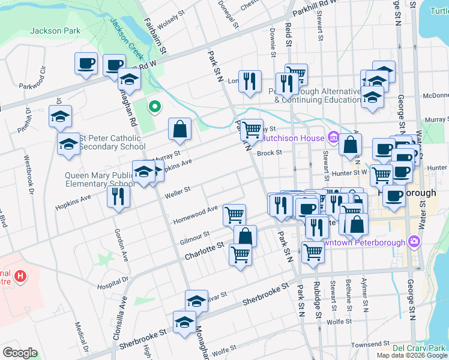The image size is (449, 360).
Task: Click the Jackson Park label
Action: click(46, 30)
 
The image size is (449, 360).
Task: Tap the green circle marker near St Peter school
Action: click(154, 107)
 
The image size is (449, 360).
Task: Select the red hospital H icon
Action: click(20, 277)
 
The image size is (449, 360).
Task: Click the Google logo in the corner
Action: click(20, 352)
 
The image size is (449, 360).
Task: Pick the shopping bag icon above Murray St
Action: click(179, 128)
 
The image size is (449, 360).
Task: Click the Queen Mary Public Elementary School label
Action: click(100, 179)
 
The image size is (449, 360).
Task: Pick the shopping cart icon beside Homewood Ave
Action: click(234, 214)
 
